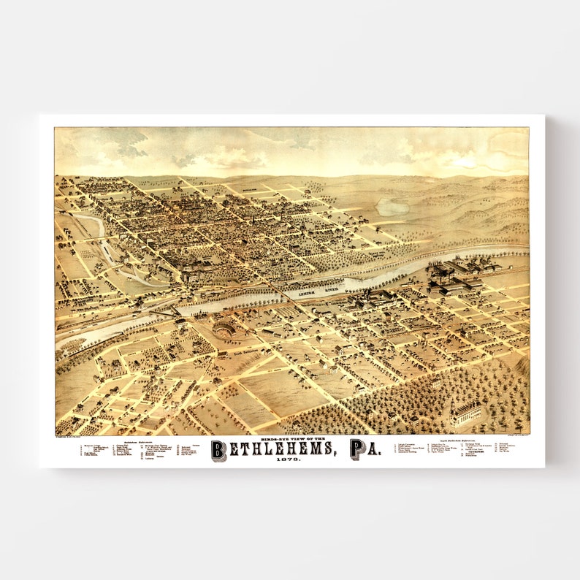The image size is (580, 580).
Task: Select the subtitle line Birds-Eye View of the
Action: [291, 438]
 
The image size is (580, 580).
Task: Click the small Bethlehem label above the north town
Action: [248, 188]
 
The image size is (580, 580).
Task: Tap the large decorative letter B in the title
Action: [218, 450]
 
